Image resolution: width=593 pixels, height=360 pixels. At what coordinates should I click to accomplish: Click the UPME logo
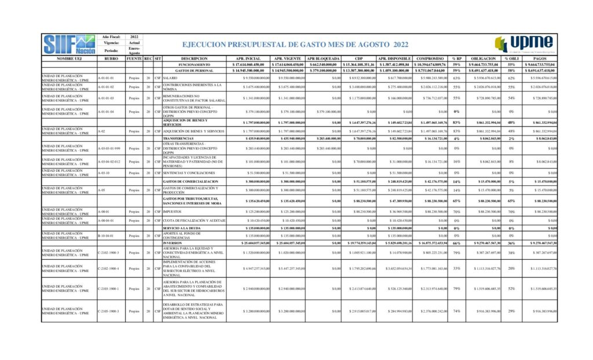tap(524, 44)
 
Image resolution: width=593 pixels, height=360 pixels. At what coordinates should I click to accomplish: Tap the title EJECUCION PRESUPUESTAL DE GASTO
tap(295, 45)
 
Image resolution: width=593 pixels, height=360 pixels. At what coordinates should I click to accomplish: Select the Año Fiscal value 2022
tap(134, 36)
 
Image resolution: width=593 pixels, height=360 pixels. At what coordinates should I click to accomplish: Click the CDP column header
tap(359, 58)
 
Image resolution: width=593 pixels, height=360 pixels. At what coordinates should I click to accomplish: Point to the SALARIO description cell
tap(170, 78)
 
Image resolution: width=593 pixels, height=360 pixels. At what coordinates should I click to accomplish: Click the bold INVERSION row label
tap(173, 243)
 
